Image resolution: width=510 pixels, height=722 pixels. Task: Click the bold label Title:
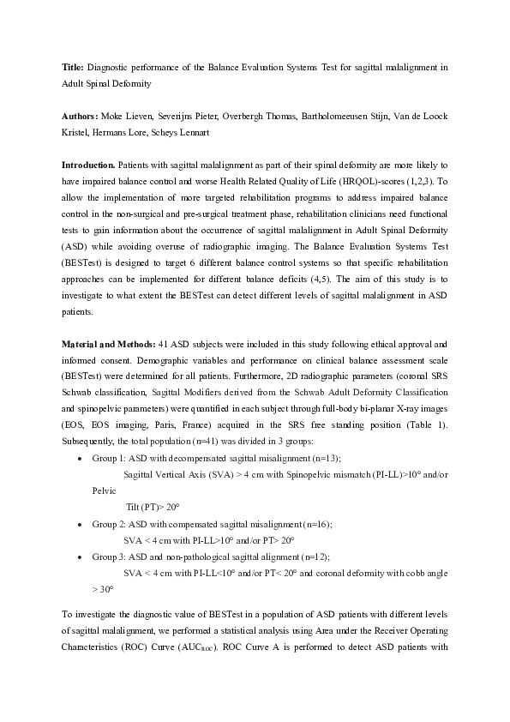73,66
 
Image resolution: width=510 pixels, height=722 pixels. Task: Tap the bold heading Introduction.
88,164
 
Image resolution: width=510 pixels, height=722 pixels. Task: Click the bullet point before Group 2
79,523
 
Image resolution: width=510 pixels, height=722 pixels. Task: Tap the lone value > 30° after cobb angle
102,589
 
